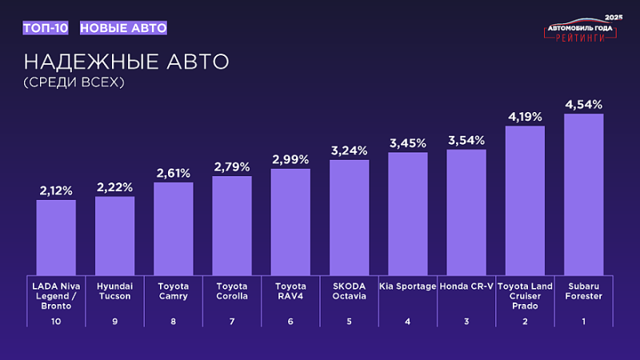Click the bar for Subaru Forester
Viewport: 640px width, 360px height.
coord(583,194)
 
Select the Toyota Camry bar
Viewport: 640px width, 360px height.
coord(174,228)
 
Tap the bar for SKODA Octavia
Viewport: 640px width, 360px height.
coord(350,217)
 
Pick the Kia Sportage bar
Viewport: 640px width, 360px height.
coord(408,213)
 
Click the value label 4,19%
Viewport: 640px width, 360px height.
coord(525,117)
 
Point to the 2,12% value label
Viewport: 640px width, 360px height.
coord(56,190)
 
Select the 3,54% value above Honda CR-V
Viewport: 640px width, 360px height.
coord(466,140)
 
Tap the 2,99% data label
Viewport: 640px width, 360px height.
coord(290,160)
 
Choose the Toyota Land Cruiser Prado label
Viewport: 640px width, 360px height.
coord(525,295)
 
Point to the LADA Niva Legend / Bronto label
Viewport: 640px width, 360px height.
coord(56,295)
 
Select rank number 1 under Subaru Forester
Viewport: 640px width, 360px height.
coord(583,322)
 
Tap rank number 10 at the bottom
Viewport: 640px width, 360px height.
coord(56,322)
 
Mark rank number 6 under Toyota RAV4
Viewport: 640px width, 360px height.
coord(290,322)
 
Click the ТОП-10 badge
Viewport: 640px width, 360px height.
coord(46,28)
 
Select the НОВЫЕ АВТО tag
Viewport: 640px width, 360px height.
coord(123,28)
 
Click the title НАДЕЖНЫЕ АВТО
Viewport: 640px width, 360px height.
coord(126,62)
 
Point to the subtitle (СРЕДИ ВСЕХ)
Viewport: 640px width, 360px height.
coord(76,82)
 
